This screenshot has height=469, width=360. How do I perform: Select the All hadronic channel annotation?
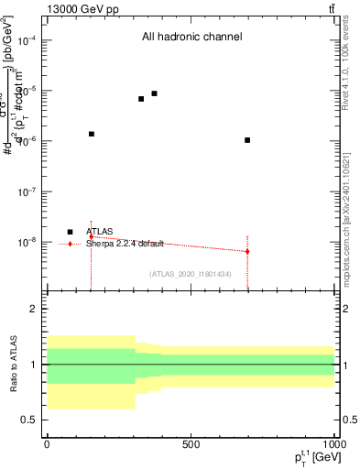click(x=191, y=38)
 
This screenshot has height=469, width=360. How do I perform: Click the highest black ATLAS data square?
click(x=154, y=93)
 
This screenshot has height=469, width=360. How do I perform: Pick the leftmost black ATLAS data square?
click(x=92, y=134)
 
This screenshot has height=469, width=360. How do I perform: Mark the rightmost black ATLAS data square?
click(x=247, y=140)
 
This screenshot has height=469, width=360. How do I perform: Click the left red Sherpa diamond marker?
click(x=92, y=236)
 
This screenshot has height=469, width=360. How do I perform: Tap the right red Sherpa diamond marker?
click(x=247, y=251)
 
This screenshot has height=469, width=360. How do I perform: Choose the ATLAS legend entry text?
click(x=100, y=232)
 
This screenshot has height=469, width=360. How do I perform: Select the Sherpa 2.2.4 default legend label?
click(x=125, y=244)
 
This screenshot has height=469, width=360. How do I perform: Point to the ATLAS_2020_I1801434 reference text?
click(x=190, y=274)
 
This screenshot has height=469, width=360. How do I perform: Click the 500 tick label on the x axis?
click(x=191, y=444)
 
